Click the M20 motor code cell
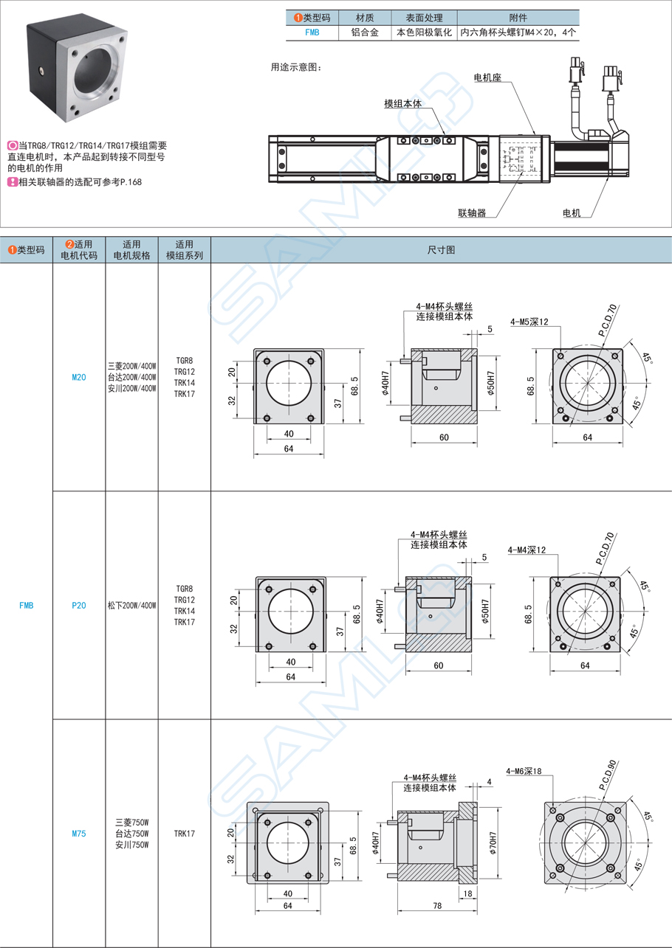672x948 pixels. tap(79, 377)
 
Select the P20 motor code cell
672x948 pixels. tap(79, 606)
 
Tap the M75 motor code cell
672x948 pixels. tap(79, 834)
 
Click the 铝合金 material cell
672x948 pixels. tap(364, 32)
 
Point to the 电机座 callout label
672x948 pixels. tap(487, 77)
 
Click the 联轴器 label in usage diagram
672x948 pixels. tap(472, 213)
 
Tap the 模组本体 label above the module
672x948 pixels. tap(402, 104)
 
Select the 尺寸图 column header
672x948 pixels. tap(441, 250)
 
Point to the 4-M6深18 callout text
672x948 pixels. tap(524, 771)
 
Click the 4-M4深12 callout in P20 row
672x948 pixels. tap(527, 550)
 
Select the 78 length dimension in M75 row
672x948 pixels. tap(438, 905)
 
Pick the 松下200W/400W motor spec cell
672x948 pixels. tap(131, 606)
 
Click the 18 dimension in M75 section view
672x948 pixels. tap(467, 893)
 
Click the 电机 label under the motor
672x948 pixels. tap(572, 213)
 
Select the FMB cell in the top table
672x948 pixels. tap(312, 32)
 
